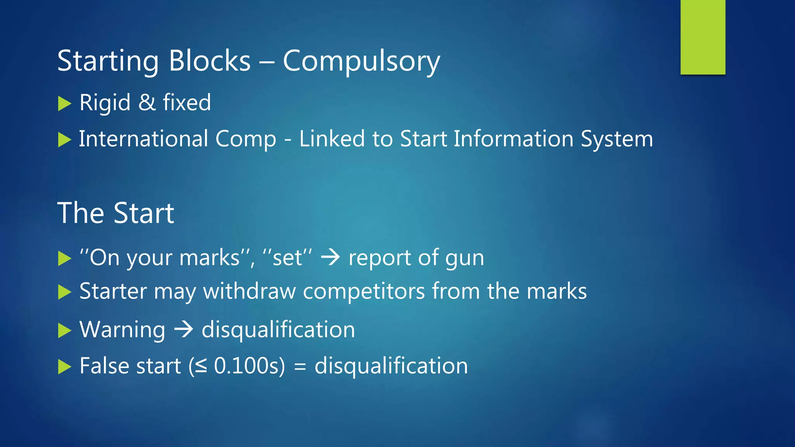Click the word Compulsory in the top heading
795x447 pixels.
(361, 61)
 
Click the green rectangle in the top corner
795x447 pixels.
(703, 37)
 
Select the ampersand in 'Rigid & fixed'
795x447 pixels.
(147, 103)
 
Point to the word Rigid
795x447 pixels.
(105, 103)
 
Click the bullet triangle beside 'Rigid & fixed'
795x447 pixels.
(64, 104)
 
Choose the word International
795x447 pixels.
(144, 139)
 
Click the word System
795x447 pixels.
(617, 139)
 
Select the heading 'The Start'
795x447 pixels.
(116, 213)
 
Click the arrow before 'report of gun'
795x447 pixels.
(330, 257)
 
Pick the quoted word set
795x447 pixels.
(288, 258)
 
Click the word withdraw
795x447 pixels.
(249, 291)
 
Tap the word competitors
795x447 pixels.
(364, 292)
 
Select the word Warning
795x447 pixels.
(122, 330)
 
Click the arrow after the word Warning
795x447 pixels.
(183, 329)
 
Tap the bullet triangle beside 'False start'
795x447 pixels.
(64, 366)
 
